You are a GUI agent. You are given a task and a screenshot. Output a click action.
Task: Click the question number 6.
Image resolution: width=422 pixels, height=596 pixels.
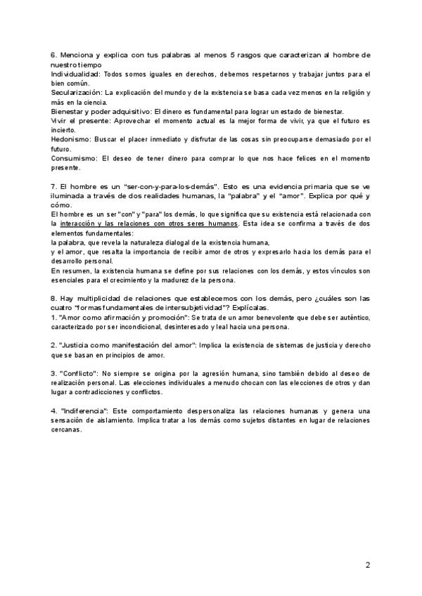[x=53, y=55]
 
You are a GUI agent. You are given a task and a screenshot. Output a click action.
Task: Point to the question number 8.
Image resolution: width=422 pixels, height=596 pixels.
[x=53, y=298]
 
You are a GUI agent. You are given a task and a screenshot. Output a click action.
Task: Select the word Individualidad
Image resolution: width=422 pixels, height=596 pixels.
[x=75, y=74]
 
